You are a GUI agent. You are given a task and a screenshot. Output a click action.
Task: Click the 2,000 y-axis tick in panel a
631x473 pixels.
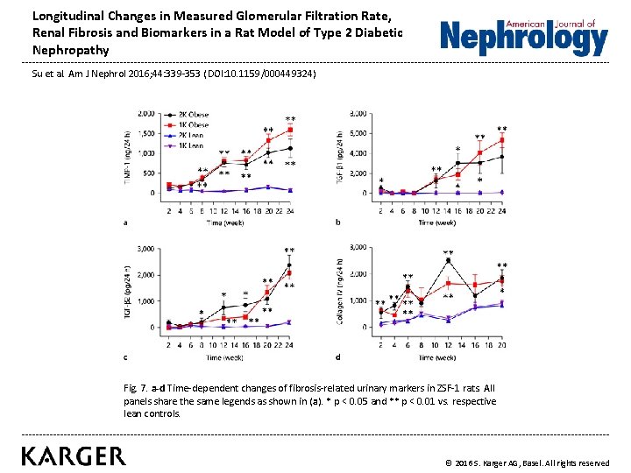point(145,113)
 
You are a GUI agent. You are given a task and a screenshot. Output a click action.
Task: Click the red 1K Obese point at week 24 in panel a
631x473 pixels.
point(290,131)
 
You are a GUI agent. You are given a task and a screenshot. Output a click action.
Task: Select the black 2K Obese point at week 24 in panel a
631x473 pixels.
point(290,148)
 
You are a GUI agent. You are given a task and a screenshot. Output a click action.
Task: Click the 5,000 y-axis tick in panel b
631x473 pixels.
point(358,133)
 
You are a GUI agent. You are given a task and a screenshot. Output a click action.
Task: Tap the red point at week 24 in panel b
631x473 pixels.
point(502,139)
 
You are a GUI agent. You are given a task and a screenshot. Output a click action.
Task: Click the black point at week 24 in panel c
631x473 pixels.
point(289,265)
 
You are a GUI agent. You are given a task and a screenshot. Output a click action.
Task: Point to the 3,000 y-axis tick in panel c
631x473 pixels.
point(145,249)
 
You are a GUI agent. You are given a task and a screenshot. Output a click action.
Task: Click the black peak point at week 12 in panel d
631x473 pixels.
point(448,260)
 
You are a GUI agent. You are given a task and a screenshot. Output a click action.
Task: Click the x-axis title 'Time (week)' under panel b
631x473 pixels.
point(436,222)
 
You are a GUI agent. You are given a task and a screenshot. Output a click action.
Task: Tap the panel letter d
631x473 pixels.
point(338,356)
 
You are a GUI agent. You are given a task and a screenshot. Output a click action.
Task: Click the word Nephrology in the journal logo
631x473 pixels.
point(523,39)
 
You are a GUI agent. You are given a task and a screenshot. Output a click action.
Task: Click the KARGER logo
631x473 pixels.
point(74,455)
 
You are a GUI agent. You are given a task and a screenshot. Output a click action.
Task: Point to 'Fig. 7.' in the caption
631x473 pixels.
point(138,387)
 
